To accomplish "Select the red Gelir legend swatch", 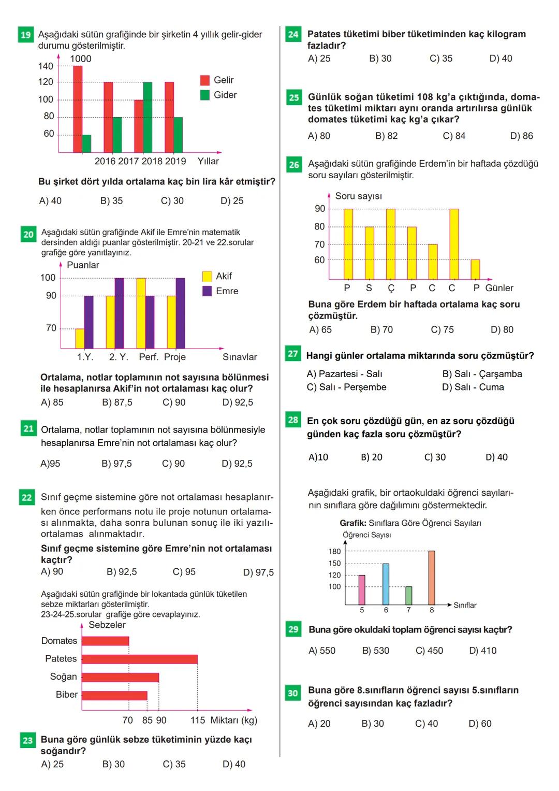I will pos(205,80).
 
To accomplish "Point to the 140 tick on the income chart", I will pos(46,66).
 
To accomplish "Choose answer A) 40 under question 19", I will pos(50,201).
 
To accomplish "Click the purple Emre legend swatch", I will pos(207,291).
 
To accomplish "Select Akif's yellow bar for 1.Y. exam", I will pos(80,338).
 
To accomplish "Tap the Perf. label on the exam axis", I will pos(149,357).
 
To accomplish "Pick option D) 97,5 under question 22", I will pos(258,572).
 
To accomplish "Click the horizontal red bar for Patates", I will pos(139,659).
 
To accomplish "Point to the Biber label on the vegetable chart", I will pos(67,695).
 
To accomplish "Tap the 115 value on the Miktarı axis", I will pos(198,721).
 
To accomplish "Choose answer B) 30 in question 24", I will pos(380,59).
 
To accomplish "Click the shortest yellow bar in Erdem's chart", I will pos(475,269).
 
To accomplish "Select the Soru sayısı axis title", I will pos(358,196).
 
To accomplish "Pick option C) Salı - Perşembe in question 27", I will pos(346,387).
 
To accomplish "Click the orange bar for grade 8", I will pos(432,578).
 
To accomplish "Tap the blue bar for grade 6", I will pos(386,584).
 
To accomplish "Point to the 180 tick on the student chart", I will pos(334,552).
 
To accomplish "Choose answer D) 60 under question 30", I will pos(480,724).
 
